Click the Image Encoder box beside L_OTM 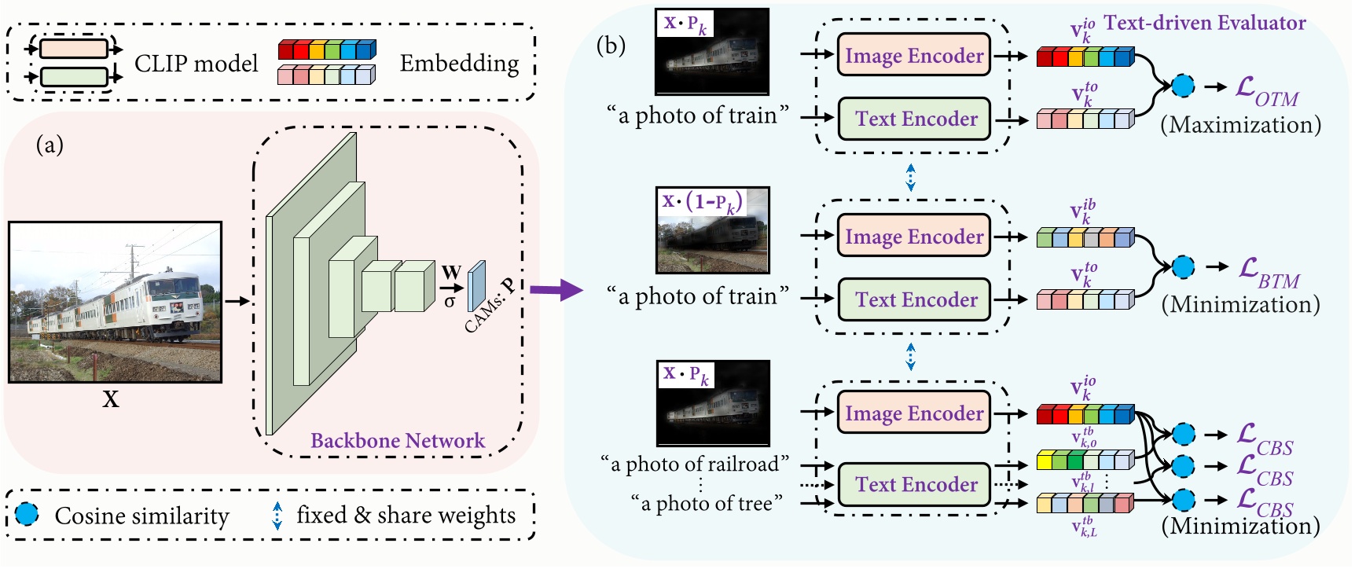[913, 55]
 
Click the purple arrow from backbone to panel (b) [556, 290]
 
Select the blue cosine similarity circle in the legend [28, 515]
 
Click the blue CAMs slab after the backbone [476, 287]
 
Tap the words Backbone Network [398, 440]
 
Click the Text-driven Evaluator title [1204, 23]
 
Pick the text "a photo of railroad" [695, 464]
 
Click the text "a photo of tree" [707, 503]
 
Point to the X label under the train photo [111, 399]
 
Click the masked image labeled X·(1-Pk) [712, 231]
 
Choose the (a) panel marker [50, 145]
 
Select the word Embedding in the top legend [459, 63]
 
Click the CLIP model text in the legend [196, 63]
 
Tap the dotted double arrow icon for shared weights [277, 516]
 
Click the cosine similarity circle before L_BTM [1182, 267]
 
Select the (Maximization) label [1240, 124]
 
